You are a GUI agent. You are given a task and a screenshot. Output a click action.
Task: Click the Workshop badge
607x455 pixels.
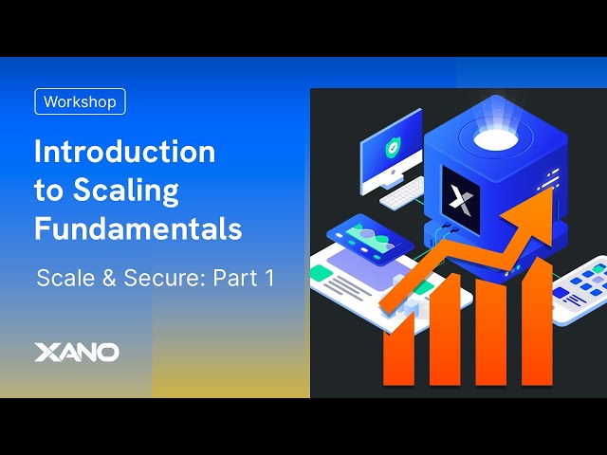coord(80,101)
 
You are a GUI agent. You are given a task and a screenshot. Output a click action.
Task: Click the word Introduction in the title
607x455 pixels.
coord(124,152)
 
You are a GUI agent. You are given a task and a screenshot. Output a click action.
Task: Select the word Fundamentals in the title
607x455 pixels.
coord(138,228)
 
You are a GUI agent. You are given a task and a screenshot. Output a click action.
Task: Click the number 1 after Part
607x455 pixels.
coord(271,279)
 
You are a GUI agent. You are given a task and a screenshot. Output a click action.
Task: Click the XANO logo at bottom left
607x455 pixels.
coord(77,352)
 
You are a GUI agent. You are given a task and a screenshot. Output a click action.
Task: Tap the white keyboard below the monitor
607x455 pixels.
coord(404,193)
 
